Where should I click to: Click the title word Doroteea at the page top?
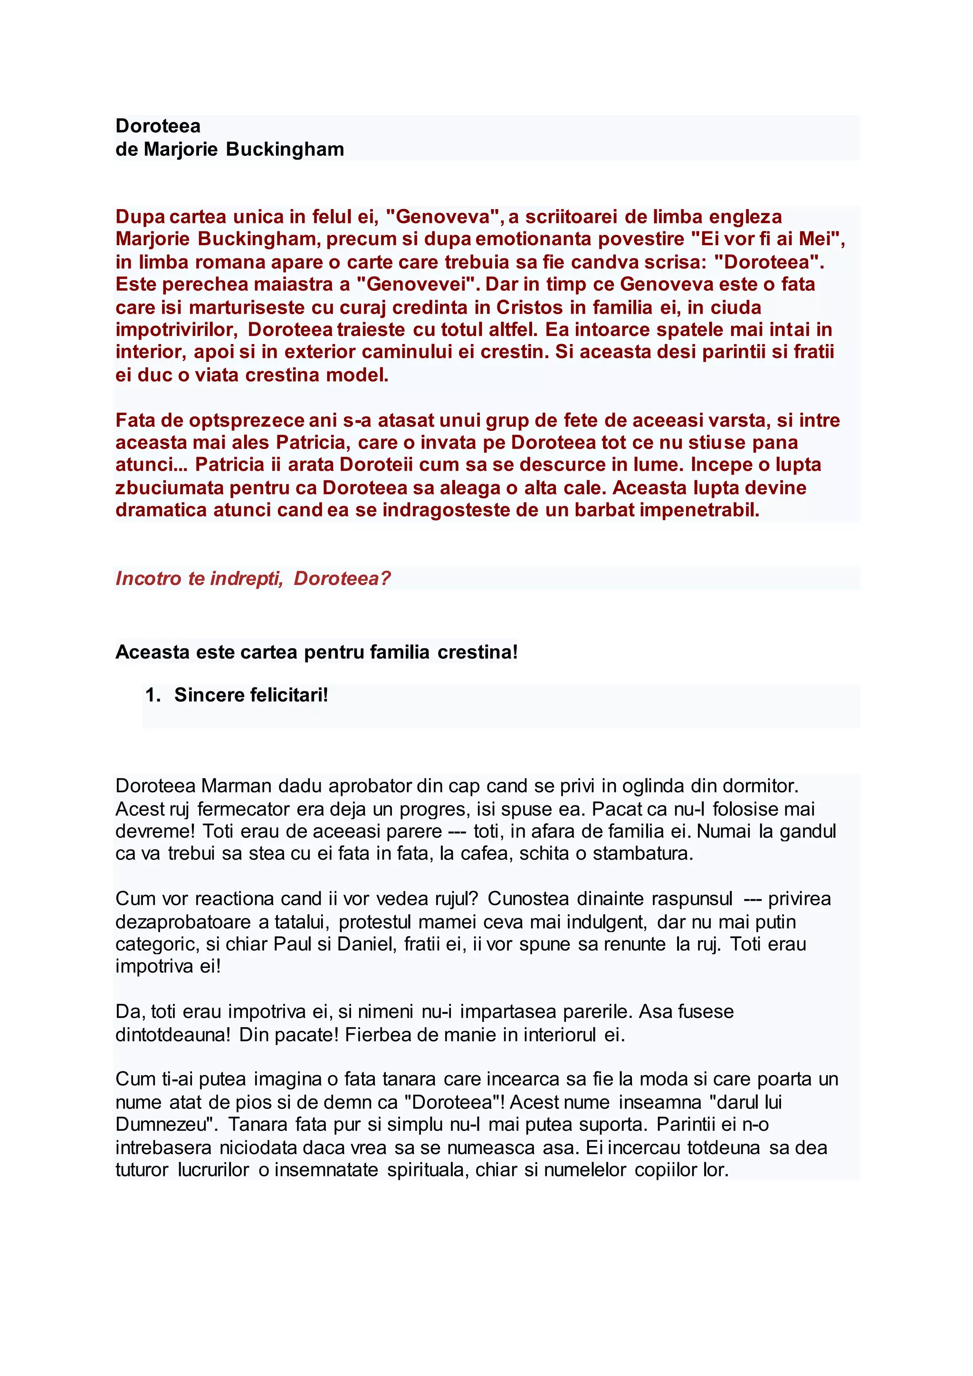158,126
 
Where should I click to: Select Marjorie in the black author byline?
181,149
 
